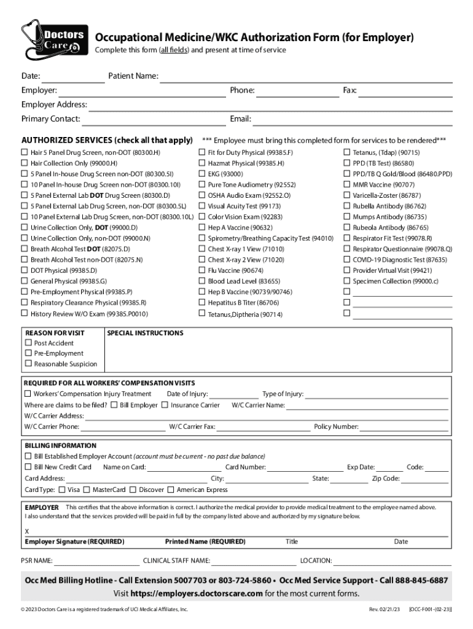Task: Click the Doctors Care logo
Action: (x=53, y=39)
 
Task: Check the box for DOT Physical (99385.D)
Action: (x=25, y=270)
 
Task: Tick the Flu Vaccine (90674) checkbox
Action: (x=201, y=270)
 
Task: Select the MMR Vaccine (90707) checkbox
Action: (x=346, y=184)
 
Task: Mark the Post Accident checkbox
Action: (x=28, y=343)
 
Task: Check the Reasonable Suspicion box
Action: (x=28, y=364)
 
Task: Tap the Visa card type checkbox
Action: (x=61, y=490)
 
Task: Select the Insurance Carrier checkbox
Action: (x=165, y=405)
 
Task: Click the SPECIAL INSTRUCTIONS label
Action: (x=145, y=333)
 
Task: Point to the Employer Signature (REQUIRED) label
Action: (x=74, y=542)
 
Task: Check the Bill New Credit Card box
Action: (x=28, y=467)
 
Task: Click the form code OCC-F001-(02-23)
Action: (x=430, y=609)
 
